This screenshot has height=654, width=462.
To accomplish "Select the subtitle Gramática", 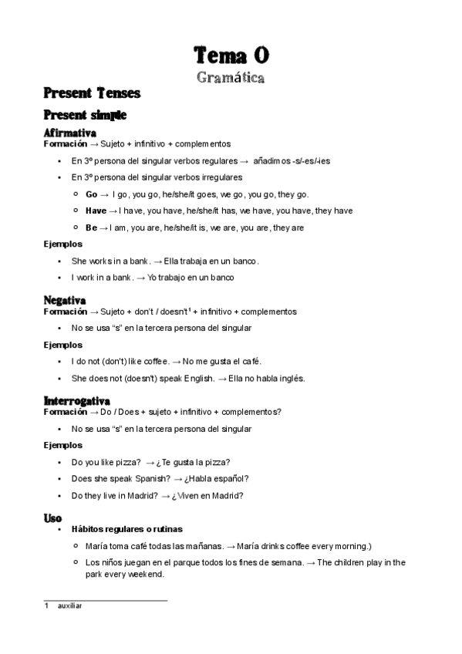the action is (231, 77).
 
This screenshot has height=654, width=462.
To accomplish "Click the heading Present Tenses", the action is (92, 93).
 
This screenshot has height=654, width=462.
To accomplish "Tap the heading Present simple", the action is (85, 115).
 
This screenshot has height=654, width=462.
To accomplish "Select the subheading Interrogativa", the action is (77, 401).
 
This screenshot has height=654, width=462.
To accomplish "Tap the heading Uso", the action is (53, 518).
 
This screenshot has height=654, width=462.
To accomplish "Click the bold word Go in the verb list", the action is (92, 194).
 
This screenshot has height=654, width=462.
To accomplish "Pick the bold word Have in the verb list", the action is (96, 211).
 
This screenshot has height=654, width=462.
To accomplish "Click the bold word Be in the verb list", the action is (91, 228).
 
